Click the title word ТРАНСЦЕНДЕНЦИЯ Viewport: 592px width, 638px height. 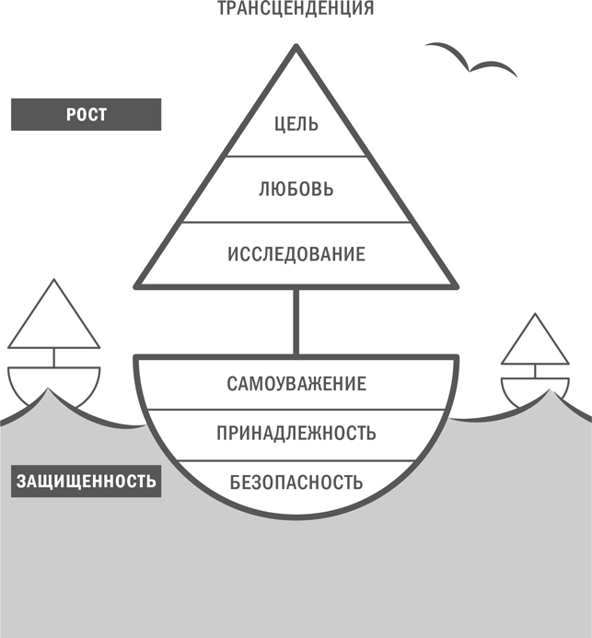coord(296,10)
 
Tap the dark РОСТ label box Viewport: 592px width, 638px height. coord(86,115)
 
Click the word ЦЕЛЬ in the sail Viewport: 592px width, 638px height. coord(296,124)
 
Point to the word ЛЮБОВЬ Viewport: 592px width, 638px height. coord(296,190)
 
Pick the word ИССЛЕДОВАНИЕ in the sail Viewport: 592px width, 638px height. coord(296,254)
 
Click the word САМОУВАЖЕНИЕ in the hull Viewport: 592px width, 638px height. coord(296,384)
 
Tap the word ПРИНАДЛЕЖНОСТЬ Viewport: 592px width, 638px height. coord(296,433)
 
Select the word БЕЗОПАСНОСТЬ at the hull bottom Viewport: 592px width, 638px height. coord(296,481)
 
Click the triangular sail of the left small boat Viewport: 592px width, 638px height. coord(53,318)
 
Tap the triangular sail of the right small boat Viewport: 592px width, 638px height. coord(535,341)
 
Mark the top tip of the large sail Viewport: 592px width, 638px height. coord(296,48)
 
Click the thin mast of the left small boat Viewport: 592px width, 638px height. coord(53,357)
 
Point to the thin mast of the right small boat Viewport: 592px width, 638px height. coord(534,370)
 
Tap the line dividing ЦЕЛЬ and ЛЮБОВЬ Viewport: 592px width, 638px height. coord(296,157)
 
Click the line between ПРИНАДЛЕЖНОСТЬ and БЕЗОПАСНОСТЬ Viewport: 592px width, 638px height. coord(296,458)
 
